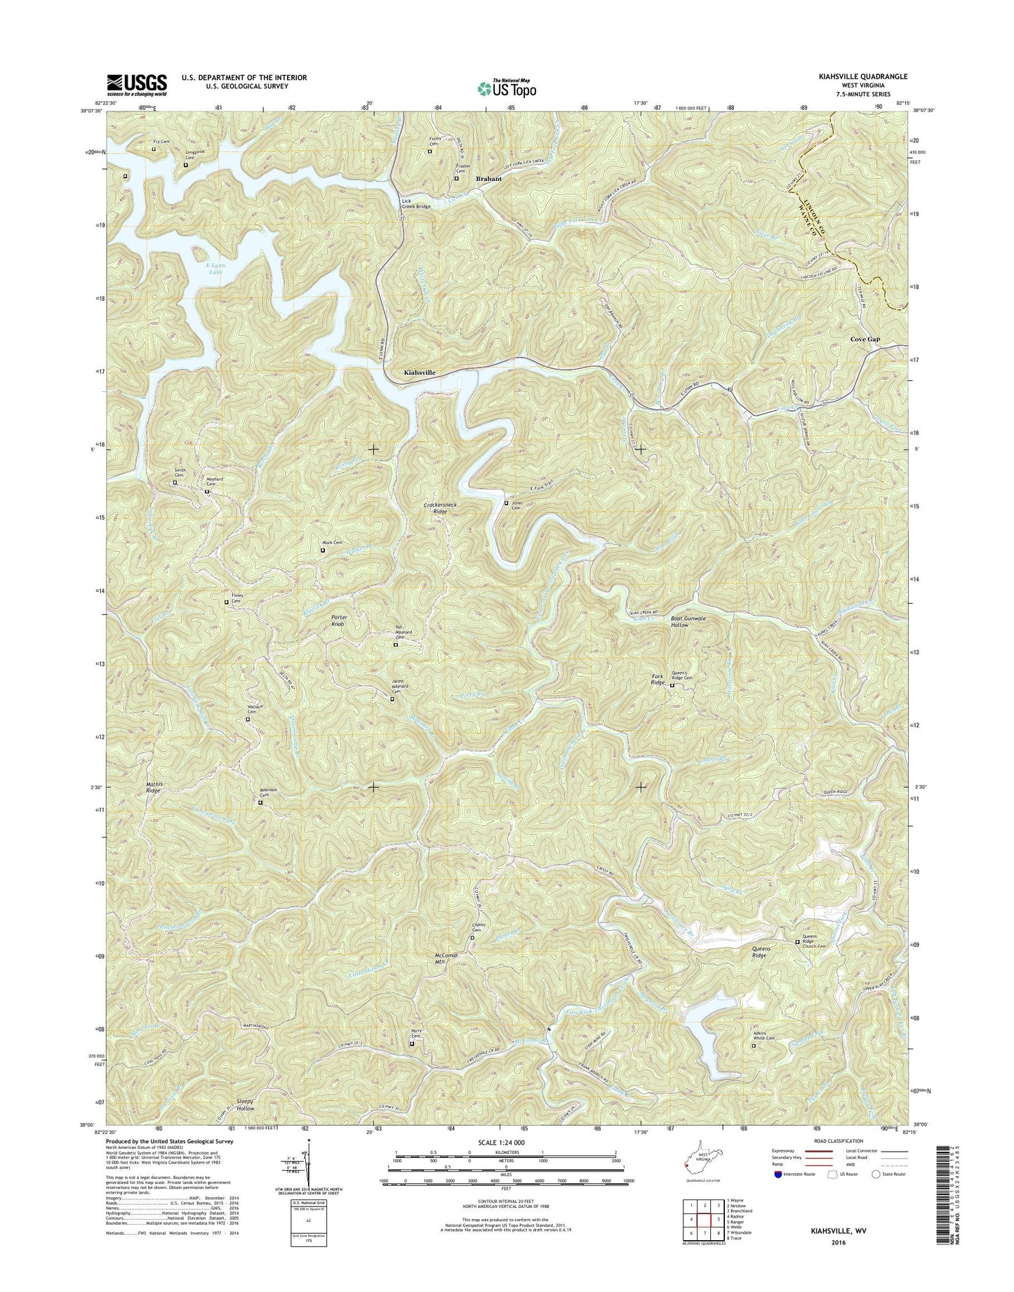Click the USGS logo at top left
click(137, 85)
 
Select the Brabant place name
click(488, 179)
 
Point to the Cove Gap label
click(865, 339)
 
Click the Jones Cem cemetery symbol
click(507, 503)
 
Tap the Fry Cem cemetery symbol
click(154, 149)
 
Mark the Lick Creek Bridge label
click(415, 204)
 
